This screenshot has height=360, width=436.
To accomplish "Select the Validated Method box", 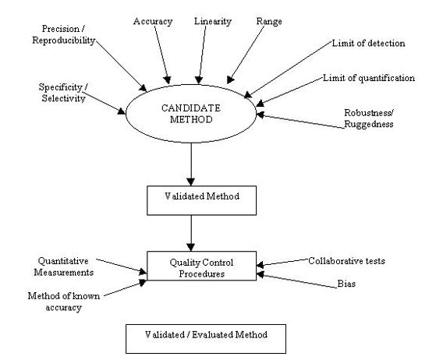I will pos(190,199).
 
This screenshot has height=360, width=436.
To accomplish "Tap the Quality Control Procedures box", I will pos(202,267).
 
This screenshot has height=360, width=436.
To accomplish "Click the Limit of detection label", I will pos(367,43).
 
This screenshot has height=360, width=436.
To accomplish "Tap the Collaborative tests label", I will pos(346,259).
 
